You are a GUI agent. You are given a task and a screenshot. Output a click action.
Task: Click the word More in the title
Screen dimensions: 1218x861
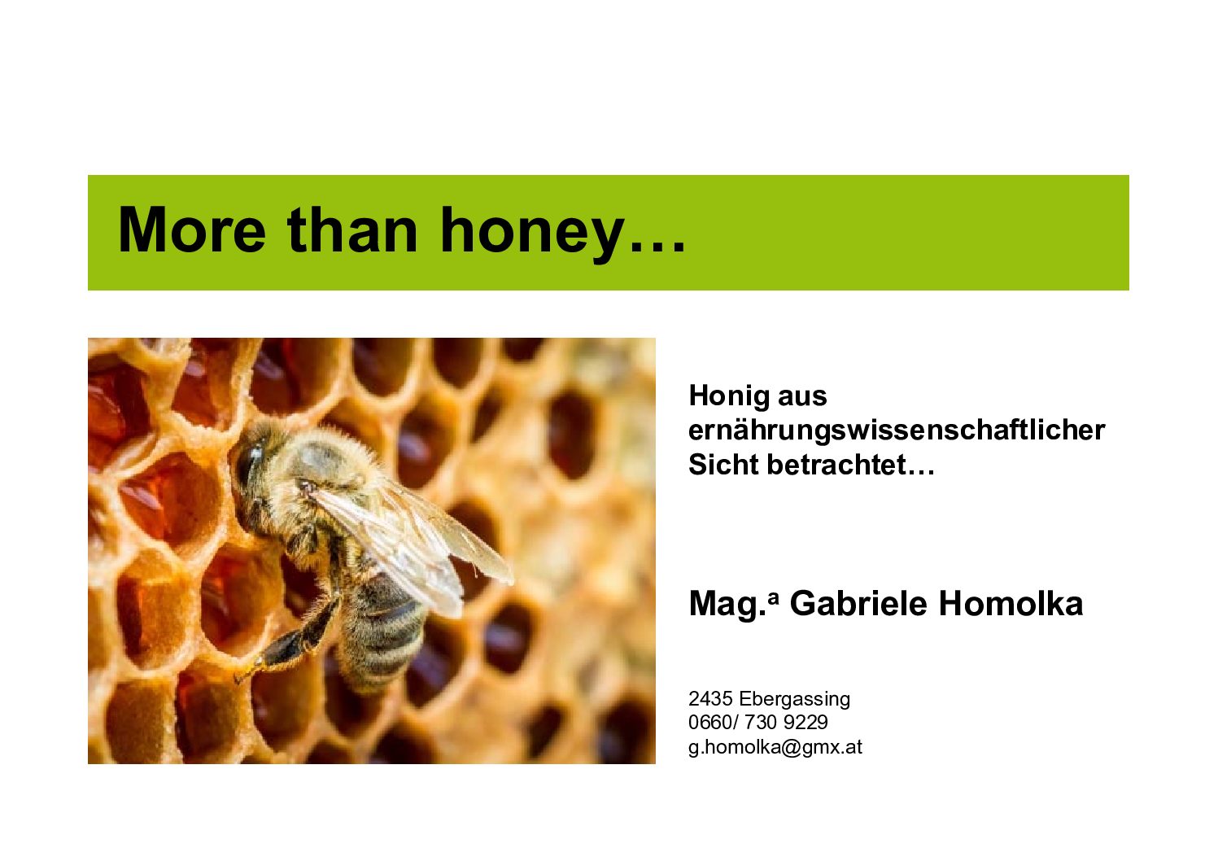[192, 229]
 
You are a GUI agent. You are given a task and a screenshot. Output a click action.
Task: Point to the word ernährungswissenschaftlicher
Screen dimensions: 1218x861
[897, 430]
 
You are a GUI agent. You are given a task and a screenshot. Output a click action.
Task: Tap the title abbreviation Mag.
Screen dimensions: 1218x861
[733, 605]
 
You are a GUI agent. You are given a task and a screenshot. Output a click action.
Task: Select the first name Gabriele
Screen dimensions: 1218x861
[858, 604]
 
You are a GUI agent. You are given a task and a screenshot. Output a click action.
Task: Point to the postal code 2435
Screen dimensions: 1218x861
[710, 699]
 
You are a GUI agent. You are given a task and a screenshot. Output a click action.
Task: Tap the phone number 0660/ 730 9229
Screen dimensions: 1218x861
[758, 723]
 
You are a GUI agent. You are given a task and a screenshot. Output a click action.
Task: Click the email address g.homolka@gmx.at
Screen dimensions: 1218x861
[775, 748]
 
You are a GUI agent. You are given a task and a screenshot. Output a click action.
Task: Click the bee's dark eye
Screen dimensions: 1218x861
[247, 463]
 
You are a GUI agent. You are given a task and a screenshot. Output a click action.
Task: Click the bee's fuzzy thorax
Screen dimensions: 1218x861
[326, 462]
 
